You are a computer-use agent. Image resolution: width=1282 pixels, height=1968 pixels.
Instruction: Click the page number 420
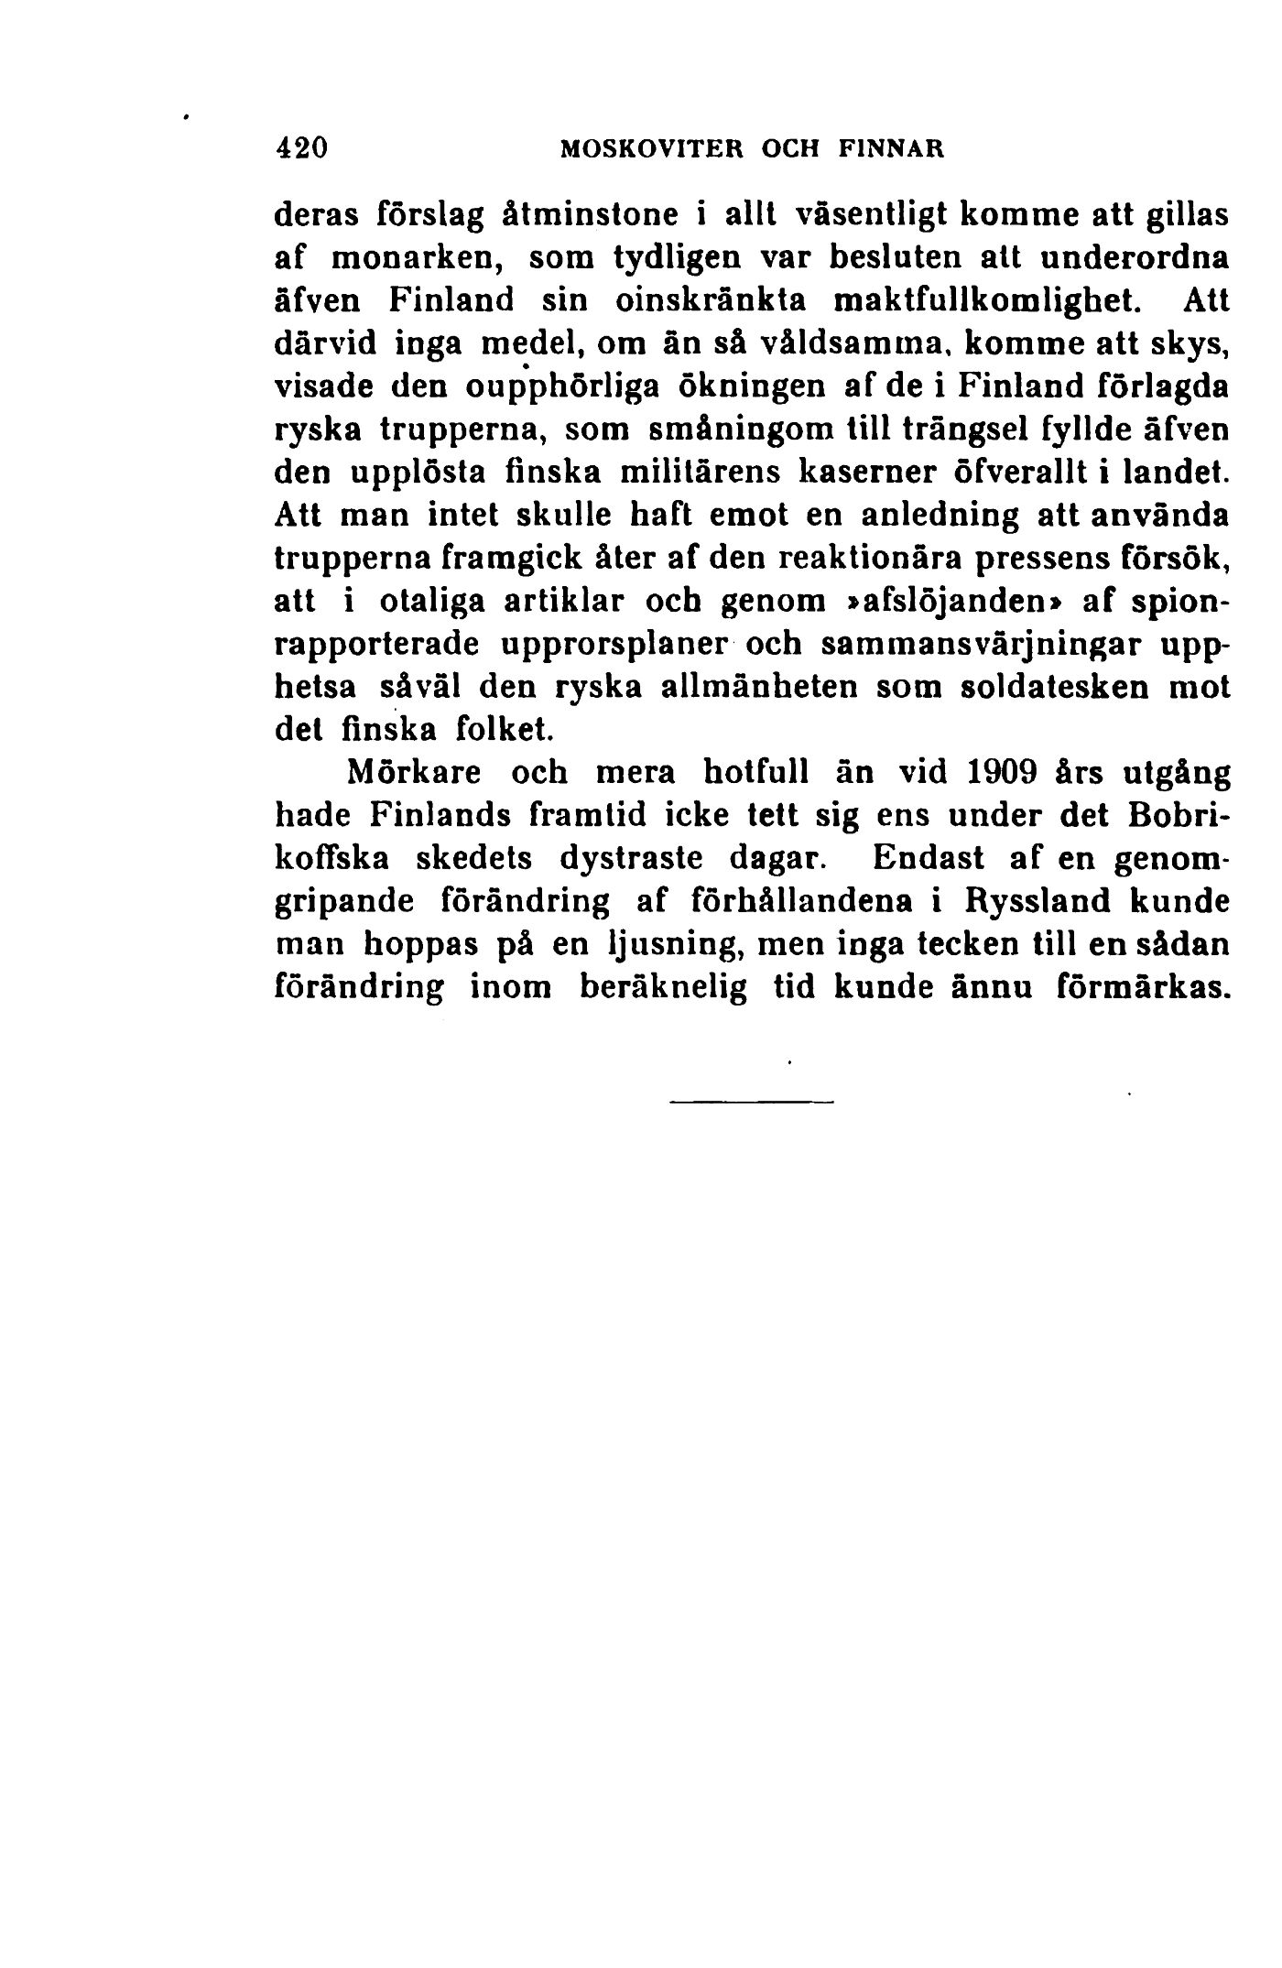point(302,148)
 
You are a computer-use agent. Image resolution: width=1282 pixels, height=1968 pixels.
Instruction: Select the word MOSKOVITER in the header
point(649,148)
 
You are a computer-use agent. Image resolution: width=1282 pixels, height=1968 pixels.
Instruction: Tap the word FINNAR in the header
point(890,148)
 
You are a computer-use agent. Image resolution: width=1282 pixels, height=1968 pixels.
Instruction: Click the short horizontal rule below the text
point(752,1101)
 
